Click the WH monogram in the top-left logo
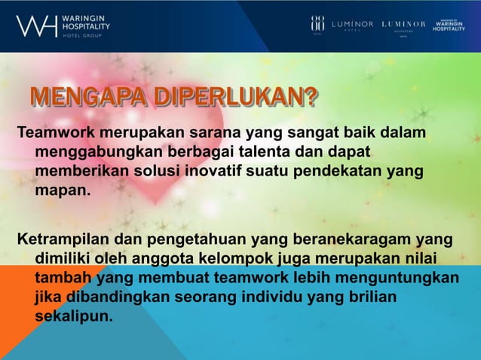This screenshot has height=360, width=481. click(36, 26)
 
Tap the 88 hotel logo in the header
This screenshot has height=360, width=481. click(317, 25)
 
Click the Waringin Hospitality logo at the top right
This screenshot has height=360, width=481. click(449, 24)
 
